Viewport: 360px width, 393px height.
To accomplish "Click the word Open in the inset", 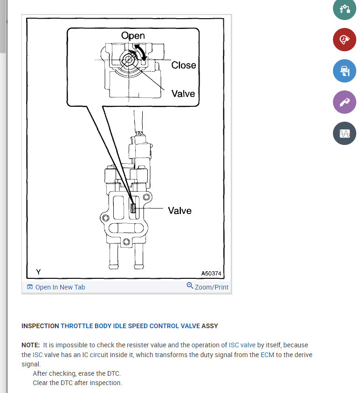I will click(133, 35).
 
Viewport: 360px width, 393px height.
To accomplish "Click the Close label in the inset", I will click(183, 65).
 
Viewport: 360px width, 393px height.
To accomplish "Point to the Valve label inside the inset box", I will click(183, 93).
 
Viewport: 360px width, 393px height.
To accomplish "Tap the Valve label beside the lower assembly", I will click(180, 211).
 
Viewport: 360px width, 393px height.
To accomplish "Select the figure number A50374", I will click(211, 273).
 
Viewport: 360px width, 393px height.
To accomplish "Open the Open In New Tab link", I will click(56, 287).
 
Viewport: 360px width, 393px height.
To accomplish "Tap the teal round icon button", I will click(345, 9).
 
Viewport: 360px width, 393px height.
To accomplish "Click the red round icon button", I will click(345, 40).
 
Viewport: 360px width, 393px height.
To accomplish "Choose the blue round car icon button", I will click(345, 71).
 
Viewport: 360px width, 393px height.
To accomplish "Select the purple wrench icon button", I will click(345, 102).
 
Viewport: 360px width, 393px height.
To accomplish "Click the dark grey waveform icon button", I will click(345, 133).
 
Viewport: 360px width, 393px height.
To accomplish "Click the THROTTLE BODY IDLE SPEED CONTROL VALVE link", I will click(130, 326).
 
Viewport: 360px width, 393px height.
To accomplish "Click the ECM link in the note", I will click(267, 355).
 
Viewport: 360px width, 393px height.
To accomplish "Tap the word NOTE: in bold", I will click(31, 345).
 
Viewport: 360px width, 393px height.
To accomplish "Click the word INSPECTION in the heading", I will click(40, 326).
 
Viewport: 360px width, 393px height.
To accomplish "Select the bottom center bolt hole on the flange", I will click(126, 241).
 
